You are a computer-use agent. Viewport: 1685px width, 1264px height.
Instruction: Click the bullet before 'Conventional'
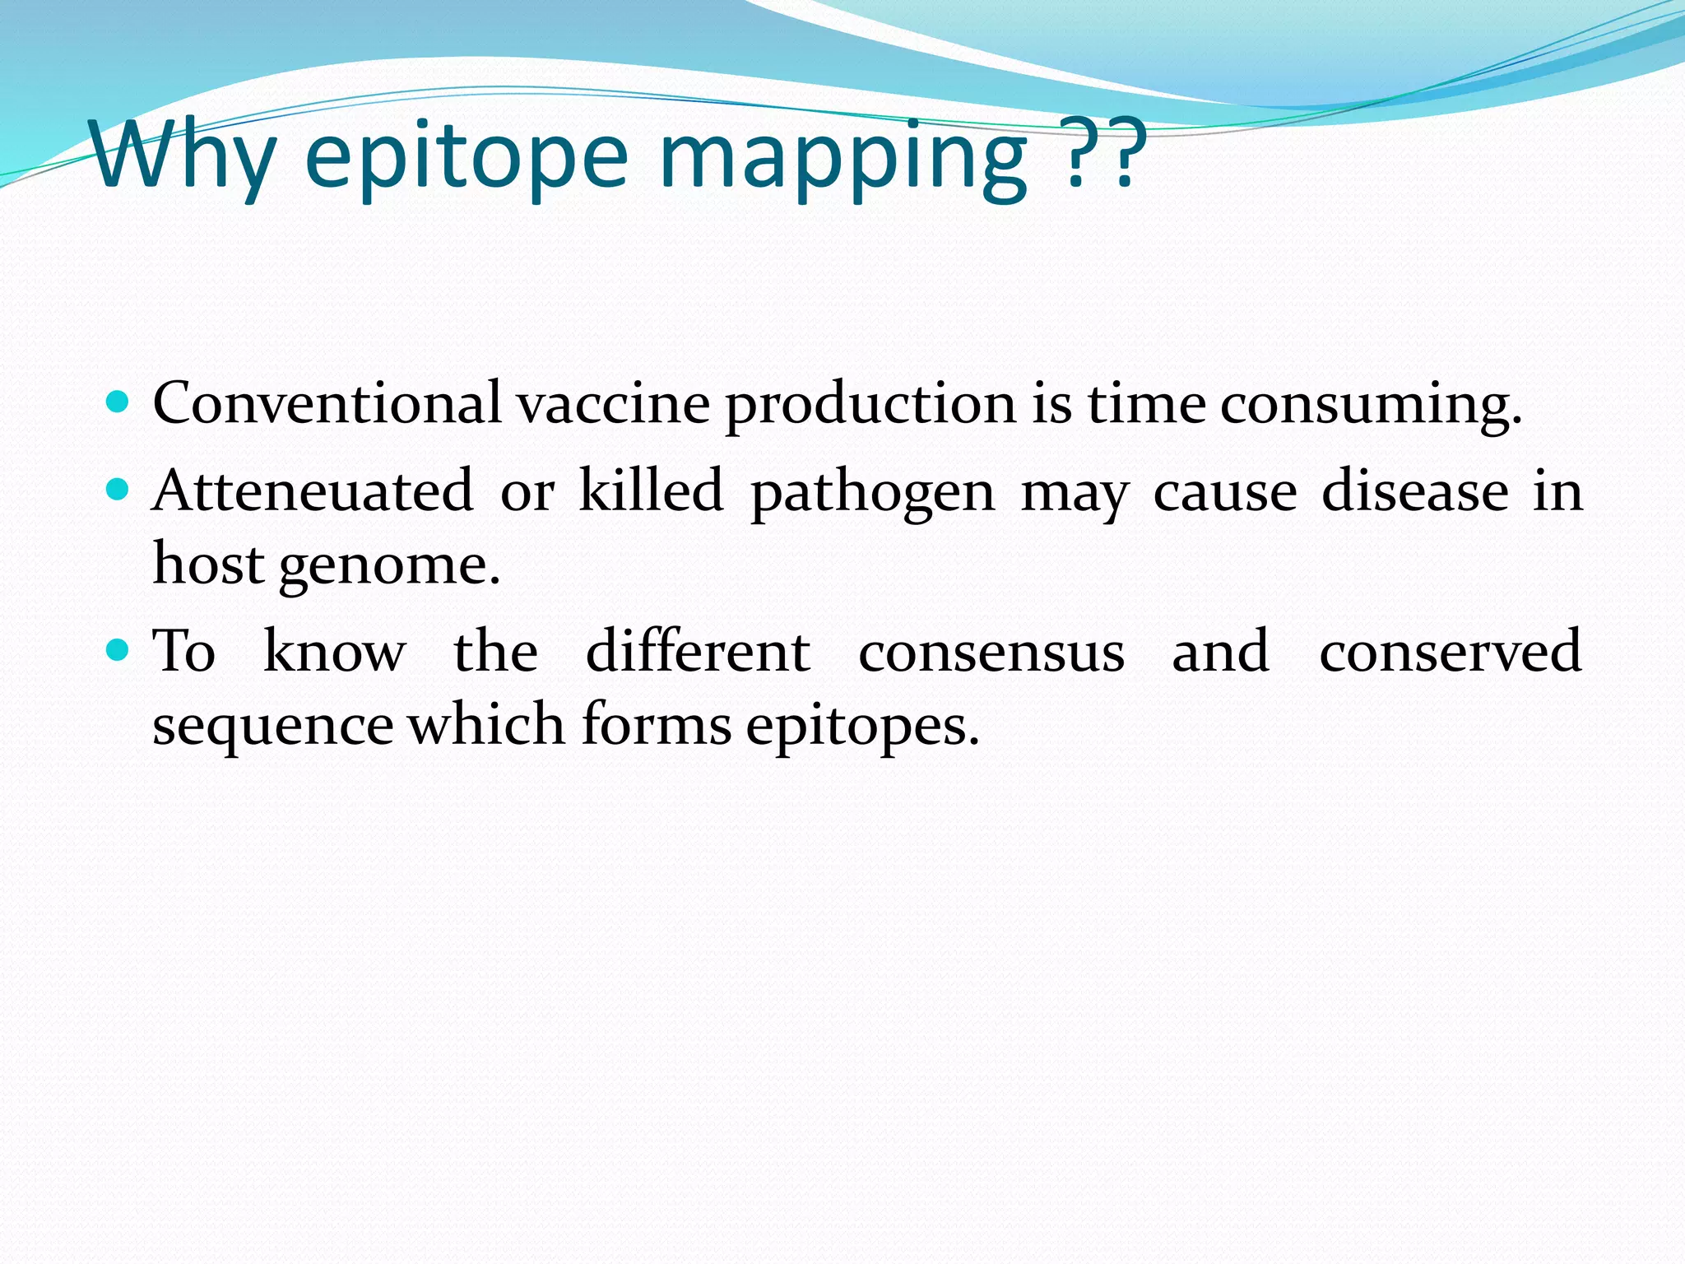pyautogui.click(x=118, y=402)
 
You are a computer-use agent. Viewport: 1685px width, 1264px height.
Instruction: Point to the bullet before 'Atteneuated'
pyautogui.click(x=118, y=490)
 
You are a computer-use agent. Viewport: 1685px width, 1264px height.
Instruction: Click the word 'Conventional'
pyautogui.click(x=327, y=403)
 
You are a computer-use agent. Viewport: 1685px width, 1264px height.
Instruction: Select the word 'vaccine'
pyautogui.click(x=613, y=405)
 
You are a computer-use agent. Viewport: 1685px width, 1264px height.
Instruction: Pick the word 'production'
pyautogui.click(x=870, y=405)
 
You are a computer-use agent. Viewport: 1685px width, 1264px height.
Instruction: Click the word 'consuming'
pyautogui.click(x=1370, y=405)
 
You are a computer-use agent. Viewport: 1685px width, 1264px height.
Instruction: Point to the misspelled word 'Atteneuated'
pyautogui.click(x=313, y=491)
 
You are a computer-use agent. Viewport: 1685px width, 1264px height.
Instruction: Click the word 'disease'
pyautogui.click(x=1415, y=491)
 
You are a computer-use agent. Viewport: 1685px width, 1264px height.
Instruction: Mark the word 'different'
pyautogui.click(x=698, y=651)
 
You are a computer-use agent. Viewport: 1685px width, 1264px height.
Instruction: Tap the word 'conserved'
pyautogui.click(x=1450, y=651)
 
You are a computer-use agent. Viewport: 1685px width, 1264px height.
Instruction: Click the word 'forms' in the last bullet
pyautogui.click(x=656, y=725)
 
